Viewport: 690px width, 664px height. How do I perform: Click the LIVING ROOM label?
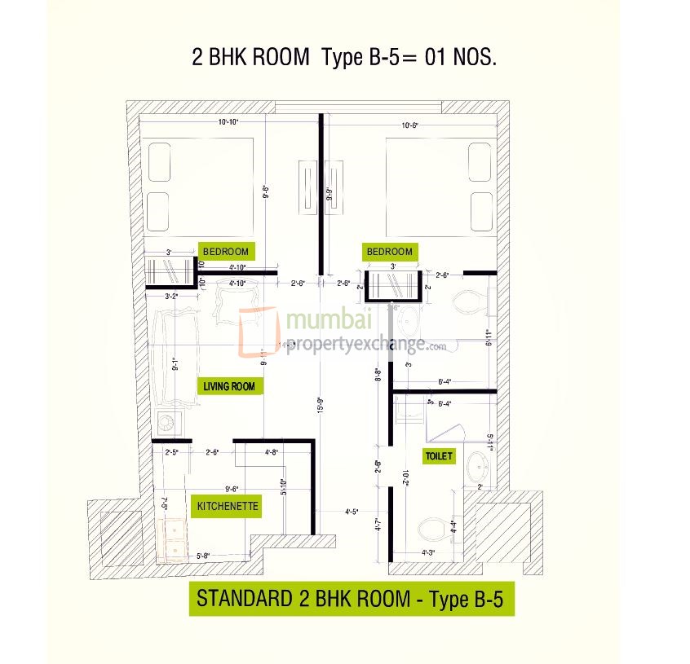230,386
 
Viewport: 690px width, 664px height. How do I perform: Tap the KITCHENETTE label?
228,506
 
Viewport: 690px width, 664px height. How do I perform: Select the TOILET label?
438,456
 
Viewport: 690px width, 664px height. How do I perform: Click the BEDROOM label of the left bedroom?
225,251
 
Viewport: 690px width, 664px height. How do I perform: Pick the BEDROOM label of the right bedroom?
390,252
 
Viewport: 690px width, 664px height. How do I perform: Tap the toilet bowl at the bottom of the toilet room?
432,530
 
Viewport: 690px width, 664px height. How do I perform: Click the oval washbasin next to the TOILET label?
476,468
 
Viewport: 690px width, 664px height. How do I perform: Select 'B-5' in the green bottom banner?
490,599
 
